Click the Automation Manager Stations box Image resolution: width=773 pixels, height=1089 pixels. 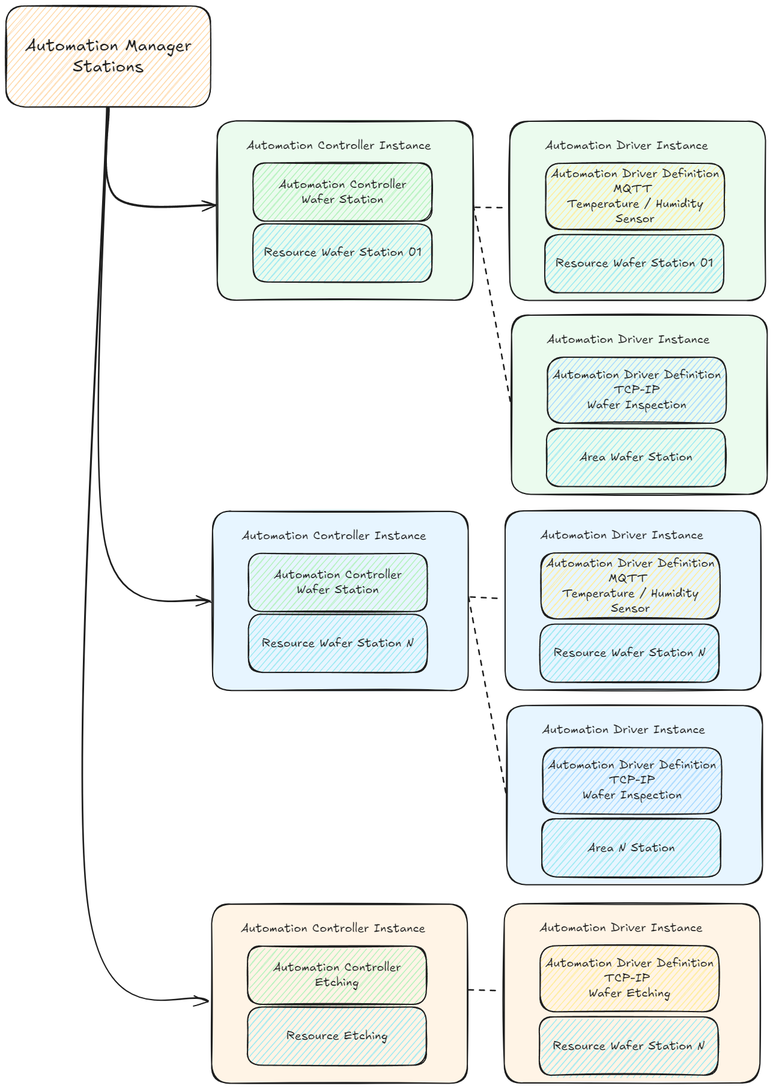(108, 56)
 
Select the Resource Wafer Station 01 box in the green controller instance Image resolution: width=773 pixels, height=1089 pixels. (342, 253)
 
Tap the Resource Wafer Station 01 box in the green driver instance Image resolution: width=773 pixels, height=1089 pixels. (634, 264)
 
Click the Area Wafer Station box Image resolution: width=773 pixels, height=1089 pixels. (635, 457)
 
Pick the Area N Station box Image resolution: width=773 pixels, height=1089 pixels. (631, 848)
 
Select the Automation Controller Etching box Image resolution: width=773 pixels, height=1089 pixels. (336, 975)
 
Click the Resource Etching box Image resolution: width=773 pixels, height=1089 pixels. (336, 1036)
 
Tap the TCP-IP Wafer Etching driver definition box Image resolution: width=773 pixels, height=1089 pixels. (629, 979)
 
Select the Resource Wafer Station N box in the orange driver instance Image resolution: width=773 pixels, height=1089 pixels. (628, 1046)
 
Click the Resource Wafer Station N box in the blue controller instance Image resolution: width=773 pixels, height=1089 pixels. (338, 643)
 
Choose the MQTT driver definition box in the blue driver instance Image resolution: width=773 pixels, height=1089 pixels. (630, 586)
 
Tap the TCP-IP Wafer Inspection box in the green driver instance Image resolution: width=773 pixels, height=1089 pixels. (637, 390)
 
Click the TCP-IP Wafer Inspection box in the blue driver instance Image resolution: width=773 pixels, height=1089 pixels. (632, 780)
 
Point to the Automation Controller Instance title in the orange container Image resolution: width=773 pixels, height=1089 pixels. (333, 928)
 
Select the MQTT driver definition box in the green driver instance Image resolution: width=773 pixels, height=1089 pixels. (635, 196)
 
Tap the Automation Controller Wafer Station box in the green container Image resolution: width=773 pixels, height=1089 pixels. (342, 192)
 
